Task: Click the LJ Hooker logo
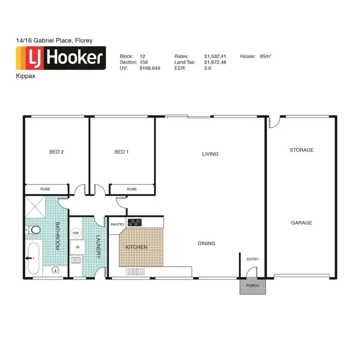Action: pyautogui.click(x=61, y=58)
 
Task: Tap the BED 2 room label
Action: pyautogui.click(x=56, y=152)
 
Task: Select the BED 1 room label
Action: pyautogui.click(x=121, y=152)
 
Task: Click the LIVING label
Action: pyautogui.click(x=210, y=154)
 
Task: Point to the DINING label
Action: pyautogui.click(x=206, y=243)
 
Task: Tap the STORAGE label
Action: pyautogui.click(x=301, y=150)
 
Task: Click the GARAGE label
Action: pyautogui.click(x=301, y=223)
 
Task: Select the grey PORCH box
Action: pyautogui.click(x=252, y=286)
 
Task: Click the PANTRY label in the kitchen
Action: pyautogui.click(x=118, y=224)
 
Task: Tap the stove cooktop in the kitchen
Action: pyautogui.click(x=134, y=222)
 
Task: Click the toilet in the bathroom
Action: pyautogui.click(x=34, y=231)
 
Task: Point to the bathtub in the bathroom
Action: pyautogui.click(x=34, y=258)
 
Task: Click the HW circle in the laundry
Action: pyautogui.click(x=75, y=233)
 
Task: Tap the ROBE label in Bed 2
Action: pyautogui.click(x=46, y=189)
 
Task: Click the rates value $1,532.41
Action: pyautogui.click(x=214, y=56)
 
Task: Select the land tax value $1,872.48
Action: pyautogui.click(x=215, y=62)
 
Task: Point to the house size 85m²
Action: pyautogui.click(x=265, y=56)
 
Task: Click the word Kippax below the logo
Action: pyautogui.click(x=24, y=76)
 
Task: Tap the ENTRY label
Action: pyautogui.click(x=252, y=259)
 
